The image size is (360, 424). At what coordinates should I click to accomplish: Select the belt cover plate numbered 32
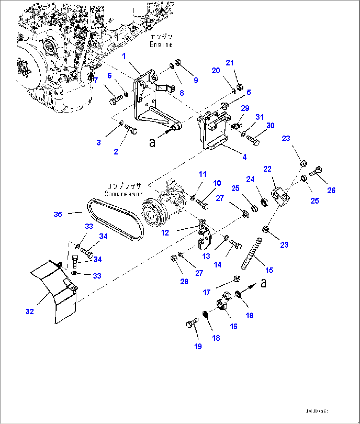tap(54, 290)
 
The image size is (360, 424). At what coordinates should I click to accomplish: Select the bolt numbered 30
tap(253, 140)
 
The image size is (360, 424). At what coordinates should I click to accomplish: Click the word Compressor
tap(124, 194)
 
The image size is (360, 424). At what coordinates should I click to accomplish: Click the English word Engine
tap(161, 44)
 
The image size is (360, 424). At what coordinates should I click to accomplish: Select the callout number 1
tap(124, 56)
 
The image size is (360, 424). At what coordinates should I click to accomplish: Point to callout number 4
tap(244, 157)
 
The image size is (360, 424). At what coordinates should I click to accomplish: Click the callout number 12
tap(165, 233)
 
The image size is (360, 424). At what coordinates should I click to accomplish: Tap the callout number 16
tap(234, 326)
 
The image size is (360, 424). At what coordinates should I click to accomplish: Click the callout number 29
tap(245, 108)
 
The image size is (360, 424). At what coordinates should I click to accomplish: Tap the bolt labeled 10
tap(202, 204)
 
